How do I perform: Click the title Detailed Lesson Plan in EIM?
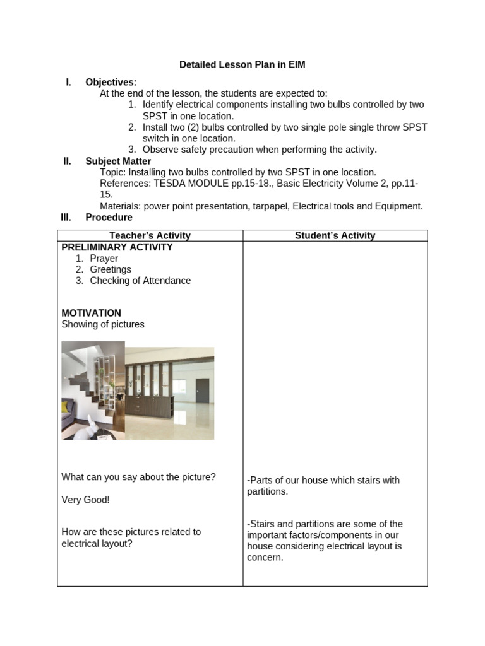click(x=242, y=64)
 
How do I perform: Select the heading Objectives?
click(x=111, y=82)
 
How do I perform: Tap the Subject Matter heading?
click(x=118, y=161)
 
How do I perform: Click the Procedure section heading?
click(x=109, y=217)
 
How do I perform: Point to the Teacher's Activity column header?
click(x=150, y=235)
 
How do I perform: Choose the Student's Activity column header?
click(x=335, y=235)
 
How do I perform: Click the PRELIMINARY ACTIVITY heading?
click(x=117, y=247)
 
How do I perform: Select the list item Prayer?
click(x=104, y=259)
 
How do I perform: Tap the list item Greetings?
click(x=111, y=269)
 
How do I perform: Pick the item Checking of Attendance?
click(x=140, y=281)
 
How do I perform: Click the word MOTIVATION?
click(x=91, y=313)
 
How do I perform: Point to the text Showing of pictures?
click(x=103, y=324)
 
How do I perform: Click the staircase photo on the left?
click(x=93, y=390)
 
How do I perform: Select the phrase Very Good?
click(x=85, y=500)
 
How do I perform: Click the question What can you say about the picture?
click(x=138, y=477)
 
